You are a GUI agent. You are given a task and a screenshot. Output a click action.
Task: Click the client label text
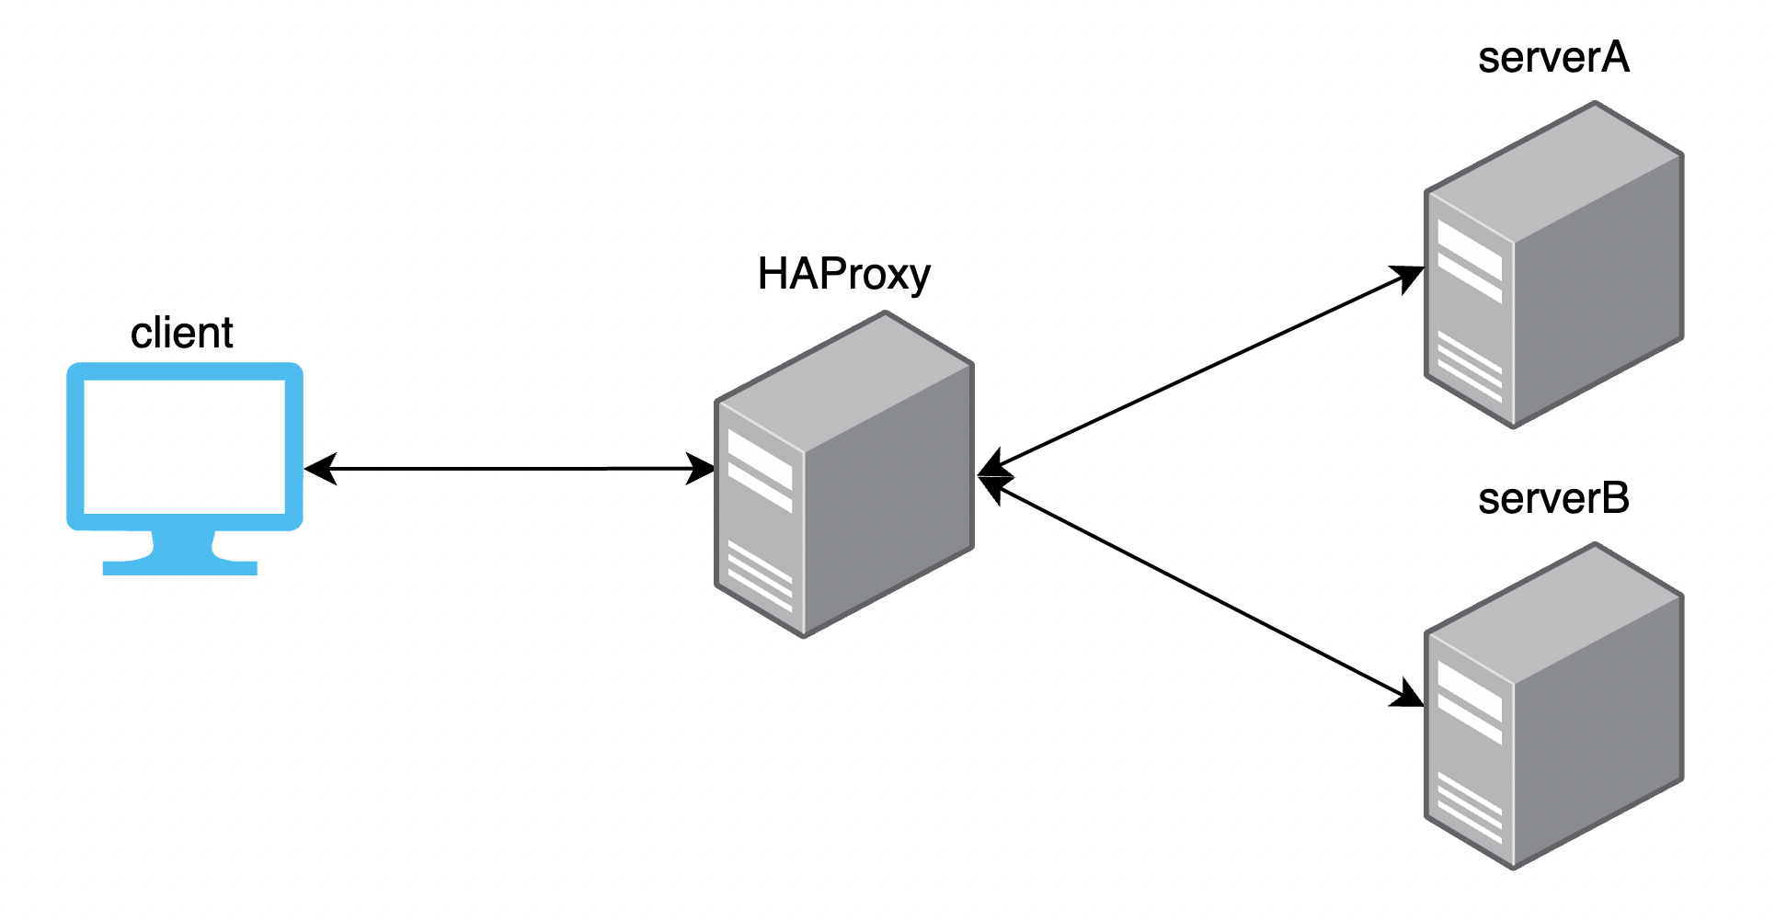point(181,333)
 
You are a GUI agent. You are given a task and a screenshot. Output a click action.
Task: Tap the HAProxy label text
point(843,274)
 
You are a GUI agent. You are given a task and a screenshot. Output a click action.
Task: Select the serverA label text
point(1552,58)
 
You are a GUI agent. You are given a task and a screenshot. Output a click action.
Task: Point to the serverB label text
point(1552,499)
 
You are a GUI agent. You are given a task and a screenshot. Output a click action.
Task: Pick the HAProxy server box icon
point(843,474)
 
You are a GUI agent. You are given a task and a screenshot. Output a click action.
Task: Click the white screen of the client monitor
point(184,447)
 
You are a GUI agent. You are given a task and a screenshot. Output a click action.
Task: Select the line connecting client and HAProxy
point(510,469)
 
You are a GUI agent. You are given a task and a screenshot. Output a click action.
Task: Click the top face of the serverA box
point(1555,169)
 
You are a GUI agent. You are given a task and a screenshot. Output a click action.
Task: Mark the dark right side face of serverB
point(1598,726)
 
